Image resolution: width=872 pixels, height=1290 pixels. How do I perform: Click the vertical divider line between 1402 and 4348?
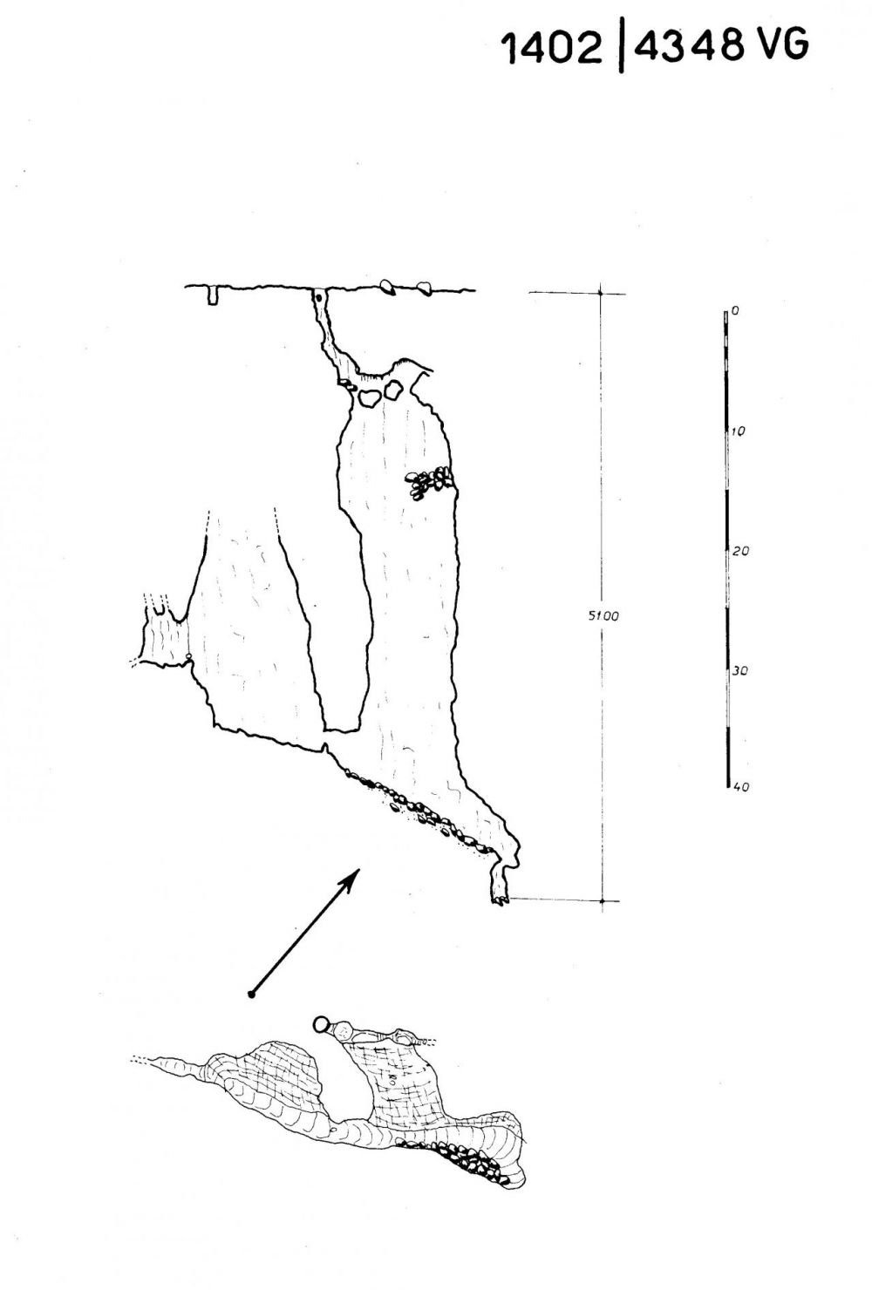620,46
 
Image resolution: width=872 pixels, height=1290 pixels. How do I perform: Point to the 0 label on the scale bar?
734,311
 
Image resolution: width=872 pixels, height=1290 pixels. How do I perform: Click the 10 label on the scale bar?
738,431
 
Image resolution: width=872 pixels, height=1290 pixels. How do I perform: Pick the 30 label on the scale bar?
739,671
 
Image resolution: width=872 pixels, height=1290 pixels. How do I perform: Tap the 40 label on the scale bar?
740,787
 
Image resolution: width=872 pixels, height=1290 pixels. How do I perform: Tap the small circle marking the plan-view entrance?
322,1024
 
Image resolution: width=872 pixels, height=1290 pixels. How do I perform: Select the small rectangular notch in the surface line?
213,295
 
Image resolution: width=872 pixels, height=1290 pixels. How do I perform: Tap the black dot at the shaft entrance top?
318,298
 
